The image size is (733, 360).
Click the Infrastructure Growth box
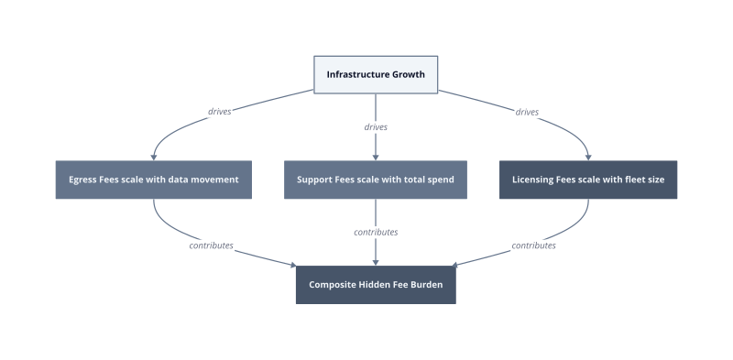tap(376, 75)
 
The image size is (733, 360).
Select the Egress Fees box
tap(153, 180)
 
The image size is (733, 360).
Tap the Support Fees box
tap(376, 180)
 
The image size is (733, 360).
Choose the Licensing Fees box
tap(588, 180)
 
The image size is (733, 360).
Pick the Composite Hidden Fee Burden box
tap(376, 285)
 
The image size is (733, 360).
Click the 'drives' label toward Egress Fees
tap(219, 112)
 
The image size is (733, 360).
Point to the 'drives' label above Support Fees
tap(376, 127)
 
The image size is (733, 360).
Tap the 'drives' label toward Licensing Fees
tap(527, 112)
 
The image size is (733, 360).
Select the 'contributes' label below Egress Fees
tap(211, 245)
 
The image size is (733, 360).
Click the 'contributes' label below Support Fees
tap(376, 233)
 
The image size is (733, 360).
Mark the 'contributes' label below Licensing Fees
tap(533, 245)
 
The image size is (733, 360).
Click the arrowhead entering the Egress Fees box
tap(153, 158)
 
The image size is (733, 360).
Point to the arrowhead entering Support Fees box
tap(376, 158)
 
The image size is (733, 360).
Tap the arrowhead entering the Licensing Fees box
tap(588, 158)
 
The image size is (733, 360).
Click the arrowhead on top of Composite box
tap(376, 263)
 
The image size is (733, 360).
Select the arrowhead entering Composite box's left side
tap(293, 265)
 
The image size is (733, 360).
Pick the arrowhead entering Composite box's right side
tap(454, 265)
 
